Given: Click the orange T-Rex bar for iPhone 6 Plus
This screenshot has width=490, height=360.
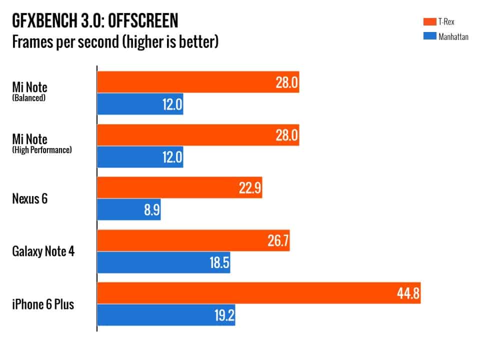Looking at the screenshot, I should (x=258, y=293).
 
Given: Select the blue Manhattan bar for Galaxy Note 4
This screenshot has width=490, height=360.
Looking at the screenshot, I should (x=163, y=262).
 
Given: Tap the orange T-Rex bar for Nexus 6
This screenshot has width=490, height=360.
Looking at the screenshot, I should (x=179, y=187).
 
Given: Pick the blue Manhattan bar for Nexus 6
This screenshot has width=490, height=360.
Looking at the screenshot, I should (x=128, y=209).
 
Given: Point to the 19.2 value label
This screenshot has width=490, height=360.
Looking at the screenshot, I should (x=220, y=315).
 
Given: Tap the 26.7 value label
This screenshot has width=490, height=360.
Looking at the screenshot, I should (x=275, y=241).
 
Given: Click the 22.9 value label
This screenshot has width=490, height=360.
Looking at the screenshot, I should (x=248, y=188).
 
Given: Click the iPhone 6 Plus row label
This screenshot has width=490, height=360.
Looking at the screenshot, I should (x=43, y=304).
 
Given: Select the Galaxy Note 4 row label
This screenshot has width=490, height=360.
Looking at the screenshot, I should (x=43, y=251).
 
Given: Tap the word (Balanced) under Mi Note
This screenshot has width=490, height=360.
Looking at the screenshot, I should (x=29, y=98).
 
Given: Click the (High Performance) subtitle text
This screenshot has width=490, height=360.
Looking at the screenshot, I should (x=42, y=149).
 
